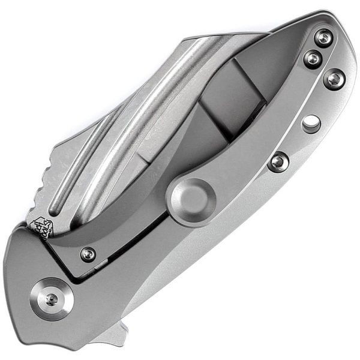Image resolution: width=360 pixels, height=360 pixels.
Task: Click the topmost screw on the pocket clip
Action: [x=325, y=39]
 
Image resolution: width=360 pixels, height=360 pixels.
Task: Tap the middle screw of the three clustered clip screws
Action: [x=313, y=58]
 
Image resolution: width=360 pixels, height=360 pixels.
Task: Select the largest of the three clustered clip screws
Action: [x=334, y=79]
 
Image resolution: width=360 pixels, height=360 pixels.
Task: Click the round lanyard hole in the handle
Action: [x=311, y=124]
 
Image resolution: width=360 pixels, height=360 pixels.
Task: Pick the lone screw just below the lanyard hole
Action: [x=278, y=161]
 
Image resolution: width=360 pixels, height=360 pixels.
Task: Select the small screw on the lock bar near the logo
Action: [x=88, y=254]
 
